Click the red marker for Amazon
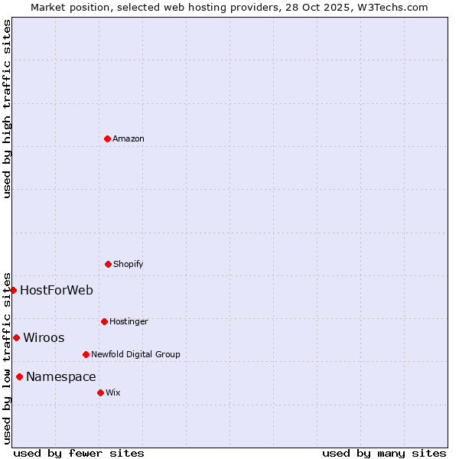coord(107,138)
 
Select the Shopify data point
coord(108,264)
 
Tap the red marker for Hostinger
coord(104,321)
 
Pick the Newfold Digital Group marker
coord(86,354)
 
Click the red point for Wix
coord(100,392)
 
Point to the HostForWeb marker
coord(13,290)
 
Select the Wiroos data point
coord(16,337)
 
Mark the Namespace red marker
coord(19,376)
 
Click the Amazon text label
coord(129,138)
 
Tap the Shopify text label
coord(129,264)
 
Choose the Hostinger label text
coord(129,321)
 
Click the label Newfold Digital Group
coord(136,354)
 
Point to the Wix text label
coord(113,392)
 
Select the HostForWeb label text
coord(57,290)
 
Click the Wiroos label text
coord(44,337)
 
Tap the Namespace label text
coord(61,376)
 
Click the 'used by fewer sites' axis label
coord(79,453)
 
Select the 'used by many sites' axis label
coord(384,453)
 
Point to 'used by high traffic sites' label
coord(7,109)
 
